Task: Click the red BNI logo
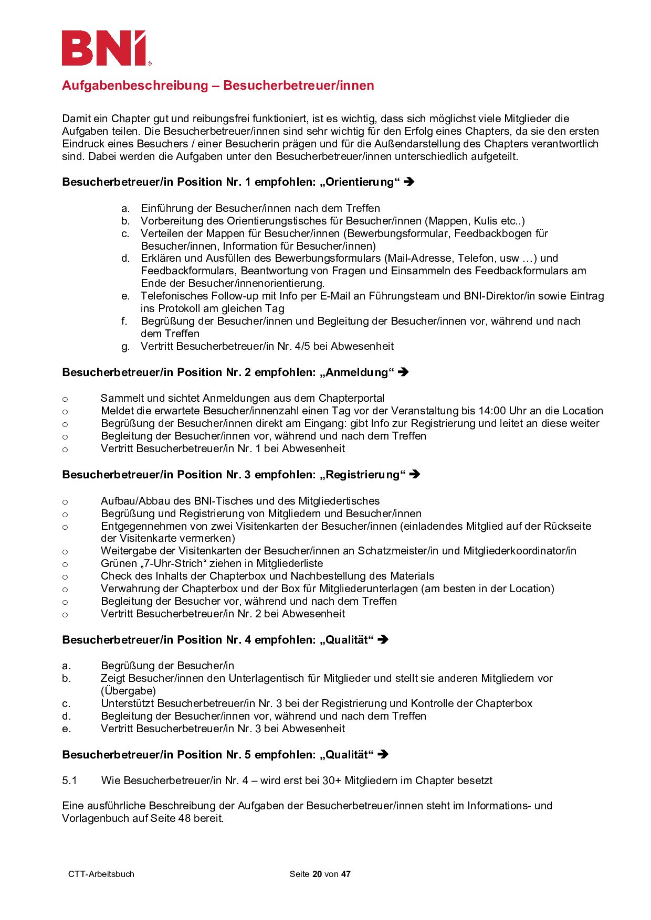105,48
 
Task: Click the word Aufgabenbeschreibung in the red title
135,85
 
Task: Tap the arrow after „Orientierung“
409,182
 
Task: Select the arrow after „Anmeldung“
403,372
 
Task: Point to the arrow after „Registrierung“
415,475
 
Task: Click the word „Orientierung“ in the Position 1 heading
360,182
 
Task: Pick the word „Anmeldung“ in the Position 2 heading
356,372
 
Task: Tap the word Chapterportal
351,398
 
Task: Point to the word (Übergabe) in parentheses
128,691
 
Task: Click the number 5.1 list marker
70,780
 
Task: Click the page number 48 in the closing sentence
184,818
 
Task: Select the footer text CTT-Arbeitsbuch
101,874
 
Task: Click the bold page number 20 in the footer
317,874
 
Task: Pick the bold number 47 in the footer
345,874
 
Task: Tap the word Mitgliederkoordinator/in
519,551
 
